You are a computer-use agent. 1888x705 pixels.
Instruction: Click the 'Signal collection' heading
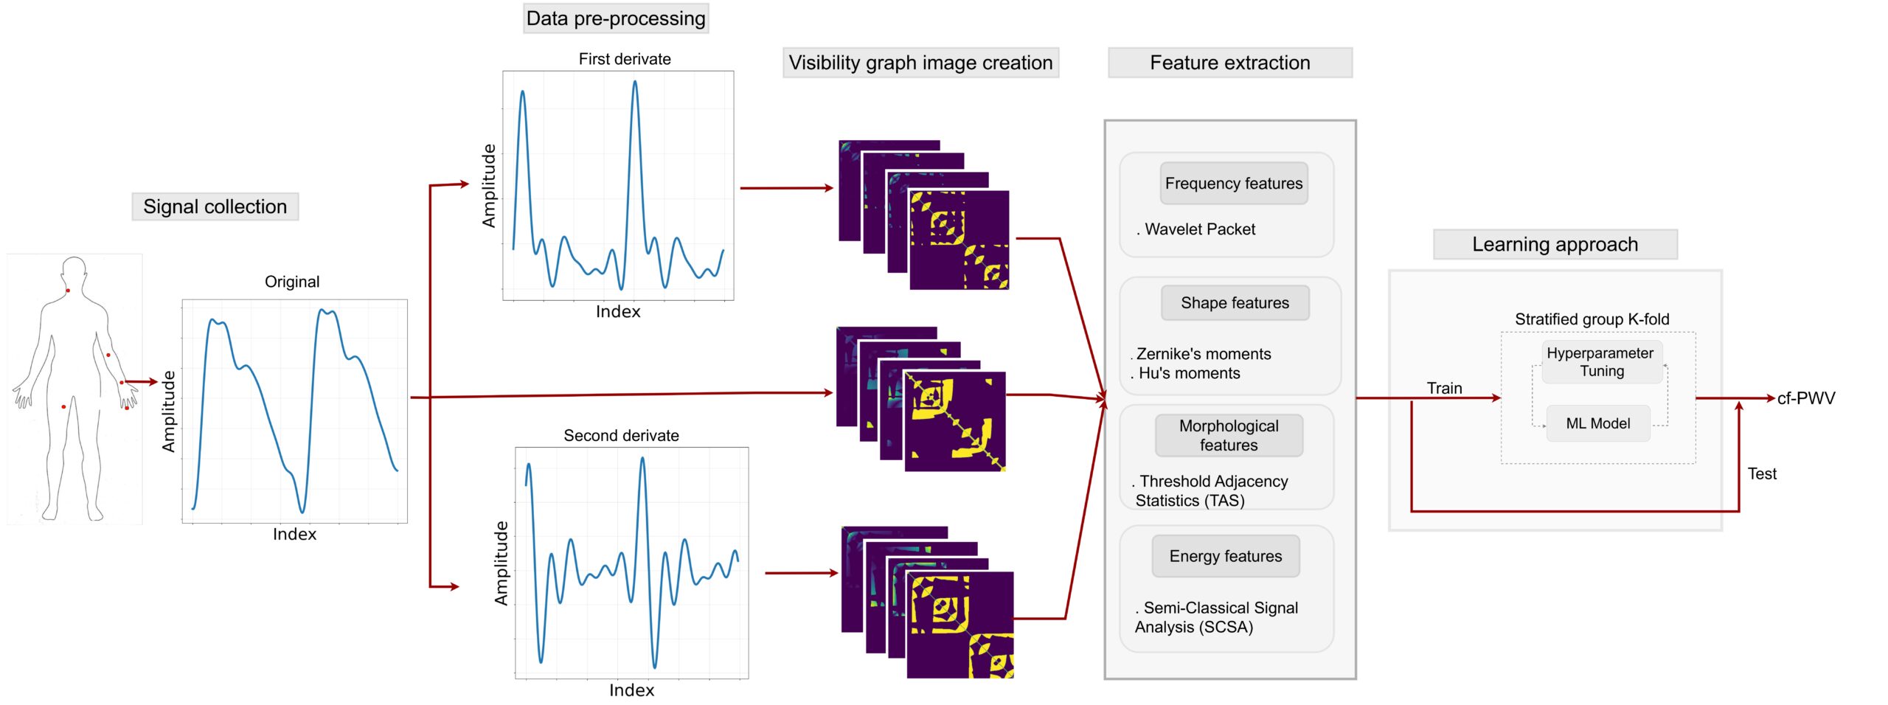[x=215, y=206]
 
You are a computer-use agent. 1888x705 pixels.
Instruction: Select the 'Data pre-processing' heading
[x=616, y=18]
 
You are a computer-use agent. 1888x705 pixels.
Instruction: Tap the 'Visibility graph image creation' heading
[x=920, y=63]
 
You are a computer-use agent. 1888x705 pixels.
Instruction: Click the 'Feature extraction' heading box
[x=1229, y=63]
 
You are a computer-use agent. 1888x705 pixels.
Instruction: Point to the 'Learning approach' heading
[x=1555, y=244]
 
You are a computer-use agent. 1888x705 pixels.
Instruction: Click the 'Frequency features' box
[x=1233, y=184]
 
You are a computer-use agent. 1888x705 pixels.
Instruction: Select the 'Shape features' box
[x=1235, y=303]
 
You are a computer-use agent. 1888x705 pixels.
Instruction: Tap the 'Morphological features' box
[x=1229, y=435]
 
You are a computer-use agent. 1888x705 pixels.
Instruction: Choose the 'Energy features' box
[x=1225, y=556]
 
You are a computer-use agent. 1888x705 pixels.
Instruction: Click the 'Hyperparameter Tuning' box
[x=1600, y=362]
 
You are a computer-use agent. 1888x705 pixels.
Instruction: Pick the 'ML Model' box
[x=1597, y=423]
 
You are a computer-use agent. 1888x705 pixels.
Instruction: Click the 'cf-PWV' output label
[x=1805, y=398]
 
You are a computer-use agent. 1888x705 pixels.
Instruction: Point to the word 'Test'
[x=1762, y=474]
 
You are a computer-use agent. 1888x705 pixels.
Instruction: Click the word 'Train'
[x=1444, y=388]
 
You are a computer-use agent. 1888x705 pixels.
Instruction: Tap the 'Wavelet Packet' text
[x=1199, y=229]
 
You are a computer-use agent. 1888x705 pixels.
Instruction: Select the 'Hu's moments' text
[x=1189, y=373]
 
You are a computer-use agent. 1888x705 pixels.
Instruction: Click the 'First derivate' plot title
[x=625, y=59]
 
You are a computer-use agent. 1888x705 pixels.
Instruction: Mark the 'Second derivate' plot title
[x=621, y=436]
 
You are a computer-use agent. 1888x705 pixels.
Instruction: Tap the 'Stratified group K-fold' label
[x=1592, y=319]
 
